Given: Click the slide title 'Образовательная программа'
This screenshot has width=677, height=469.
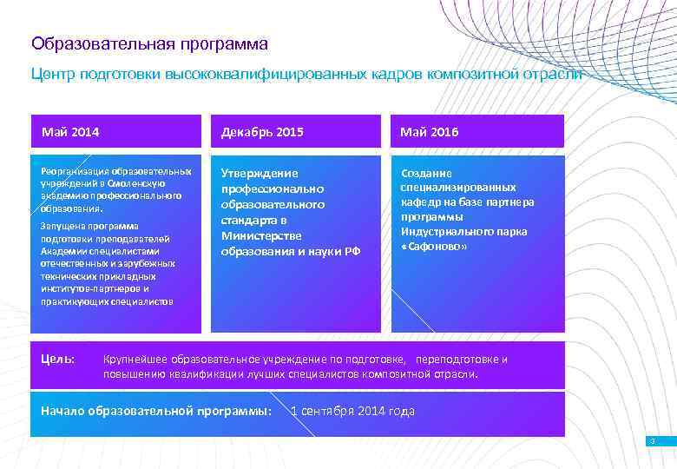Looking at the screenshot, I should (x=149, y=43).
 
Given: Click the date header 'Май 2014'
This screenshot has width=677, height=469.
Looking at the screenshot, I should (x=70, y=132).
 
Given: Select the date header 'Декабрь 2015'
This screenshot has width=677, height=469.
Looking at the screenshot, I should (x=262, y=132).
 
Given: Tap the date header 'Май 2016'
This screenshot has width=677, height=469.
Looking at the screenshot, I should (x=429, y=132).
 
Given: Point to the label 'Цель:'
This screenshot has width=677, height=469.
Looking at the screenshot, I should (x=58, y=359).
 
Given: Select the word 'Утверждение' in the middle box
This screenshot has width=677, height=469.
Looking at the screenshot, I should (x=260, y=174).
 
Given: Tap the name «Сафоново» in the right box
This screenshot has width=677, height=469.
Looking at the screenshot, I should (x=434, y=247).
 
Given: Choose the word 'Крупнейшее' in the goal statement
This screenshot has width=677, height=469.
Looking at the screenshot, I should (x=135, y=359).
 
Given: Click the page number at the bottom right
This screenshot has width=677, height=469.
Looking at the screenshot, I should (x=652, y=442).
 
